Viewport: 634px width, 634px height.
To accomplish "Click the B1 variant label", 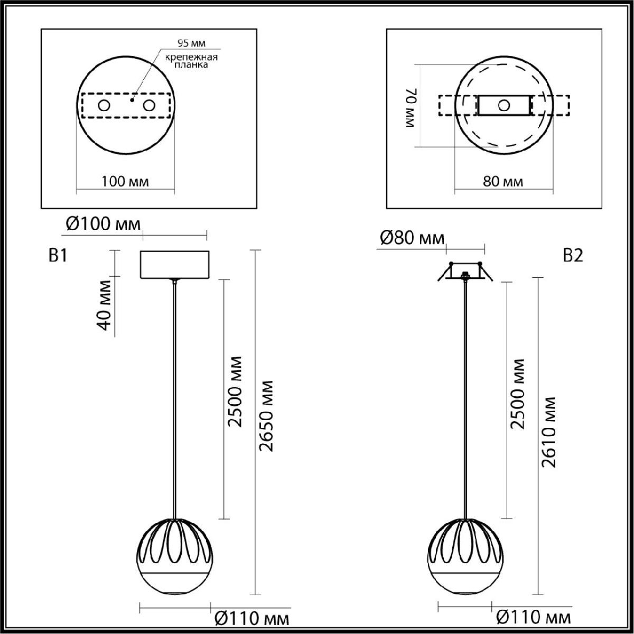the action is (x=58, y=255).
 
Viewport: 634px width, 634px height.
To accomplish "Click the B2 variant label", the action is (x=573, y=255).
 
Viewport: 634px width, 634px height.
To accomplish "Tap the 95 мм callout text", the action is (x=191, y=43).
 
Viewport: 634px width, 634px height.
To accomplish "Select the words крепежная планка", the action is (x=191, y=61).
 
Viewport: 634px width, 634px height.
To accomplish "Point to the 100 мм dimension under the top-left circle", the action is (x=125, y=181).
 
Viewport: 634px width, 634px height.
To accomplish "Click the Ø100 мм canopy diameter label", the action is (x=103, y=225).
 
